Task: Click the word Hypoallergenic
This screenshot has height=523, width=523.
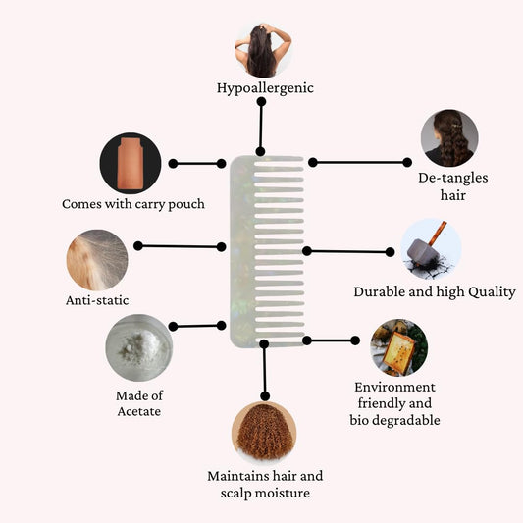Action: [265, 88]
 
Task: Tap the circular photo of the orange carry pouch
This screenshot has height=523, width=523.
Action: [131, 163]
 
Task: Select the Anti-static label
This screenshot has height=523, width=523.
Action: [97, 300]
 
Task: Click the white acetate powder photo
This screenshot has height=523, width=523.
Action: [139, 347]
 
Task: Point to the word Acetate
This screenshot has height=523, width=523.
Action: [139, 411]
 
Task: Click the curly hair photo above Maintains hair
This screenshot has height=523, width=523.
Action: [264, 432]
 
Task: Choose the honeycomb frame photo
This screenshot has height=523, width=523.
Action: [399, 347]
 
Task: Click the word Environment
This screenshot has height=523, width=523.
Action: [394, 387]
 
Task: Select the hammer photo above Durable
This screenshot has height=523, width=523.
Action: [431, 249]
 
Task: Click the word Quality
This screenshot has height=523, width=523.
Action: [492, 292]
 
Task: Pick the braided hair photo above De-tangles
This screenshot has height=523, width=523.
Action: [449, 138]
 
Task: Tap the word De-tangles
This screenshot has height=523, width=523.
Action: [453, 179]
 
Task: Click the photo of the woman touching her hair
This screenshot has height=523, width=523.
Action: [264, 50]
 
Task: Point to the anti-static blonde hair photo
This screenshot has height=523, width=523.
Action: [97, 260]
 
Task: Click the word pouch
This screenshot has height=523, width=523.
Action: [186, 204]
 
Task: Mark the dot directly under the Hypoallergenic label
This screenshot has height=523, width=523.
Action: [261, 102]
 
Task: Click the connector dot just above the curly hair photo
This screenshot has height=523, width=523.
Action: [265, 396]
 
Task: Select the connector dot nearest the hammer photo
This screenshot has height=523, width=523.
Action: [390, 252]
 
